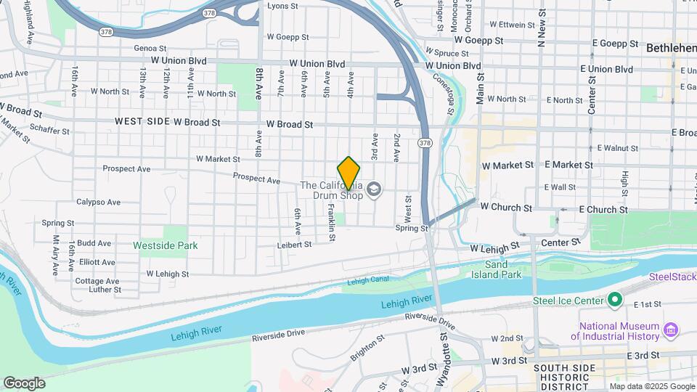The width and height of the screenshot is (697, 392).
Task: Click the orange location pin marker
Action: (x=348, y=173)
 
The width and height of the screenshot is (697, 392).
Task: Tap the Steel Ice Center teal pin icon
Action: (x=615, y=300)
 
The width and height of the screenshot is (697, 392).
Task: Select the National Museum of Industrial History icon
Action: (x=671, y=331)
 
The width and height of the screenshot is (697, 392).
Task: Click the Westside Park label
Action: (x=166, y=245)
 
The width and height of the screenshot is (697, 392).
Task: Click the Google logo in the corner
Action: (x=24, y=383)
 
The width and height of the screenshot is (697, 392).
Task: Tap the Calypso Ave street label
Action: (x=99, y=202)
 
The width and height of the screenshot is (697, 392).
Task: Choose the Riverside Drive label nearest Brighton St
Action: (x=279, y=335)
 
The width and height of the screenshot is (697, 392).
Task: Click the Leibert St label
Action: (x=294, y=245)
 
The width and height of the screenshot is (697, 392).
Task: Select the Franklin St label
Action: (x=331, y=219)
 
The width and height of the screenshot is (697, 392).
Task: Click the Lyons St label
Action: (x=282, y=6)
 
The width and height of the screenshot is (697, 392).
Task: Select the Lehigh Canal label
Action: (x=368, y=280)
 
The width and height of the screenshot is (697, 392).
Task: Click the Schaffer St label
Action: (x=49, y=131)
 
